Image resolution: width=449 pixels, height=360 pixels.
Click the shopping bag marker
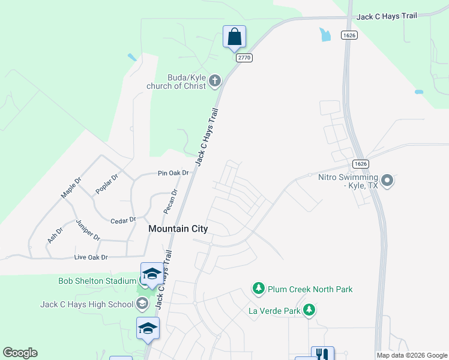(x=234, y=37)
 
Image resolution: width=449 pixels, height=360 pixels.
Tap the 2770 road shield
(x=244, y=58)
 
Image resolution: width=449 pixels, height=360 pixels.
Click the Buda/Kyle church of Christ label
(x=176, y=82)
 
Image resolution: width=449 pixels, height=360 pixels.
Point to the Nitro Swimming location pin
(x=387, y=180)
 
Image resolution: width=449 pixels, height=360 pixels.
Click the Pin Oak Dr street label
(x=173, y=173)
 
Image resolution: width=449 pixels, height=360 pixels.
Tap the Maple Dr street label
(x=71, y=188)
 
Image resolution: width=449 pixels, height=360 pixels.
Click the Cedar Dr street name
(x=124, y=221)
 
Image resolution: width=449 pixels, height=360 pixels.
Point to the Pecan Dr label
(x=170, y=202)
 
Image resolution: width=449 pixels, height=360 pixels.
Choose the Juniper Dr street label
(x=88, y=230)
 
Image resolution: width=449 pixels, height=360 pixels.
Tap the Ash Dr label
(x=55, y=235)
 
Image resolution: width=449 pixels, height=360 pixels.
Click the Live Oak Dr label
(x=91, y=257)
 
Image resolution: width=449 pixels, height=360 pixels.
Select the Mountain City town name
(x=178, y=229)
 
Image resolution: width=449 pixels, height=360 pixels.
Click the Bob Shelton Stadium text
(x=97, y=281)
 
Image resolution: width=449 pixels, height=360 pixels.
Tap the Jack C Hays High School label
(x=87, y=304)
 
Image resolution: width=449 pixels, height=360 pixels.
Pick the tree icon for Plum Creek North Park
(x=259, y=289)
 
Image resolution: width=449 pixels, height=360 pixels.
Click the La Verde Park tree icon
(x=309, y=310)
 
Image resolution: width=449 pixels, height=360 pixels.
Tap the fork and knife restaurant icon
(x=322, y=354)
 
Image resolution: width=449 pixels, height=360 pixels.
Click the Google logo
(x=20, y=353)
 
